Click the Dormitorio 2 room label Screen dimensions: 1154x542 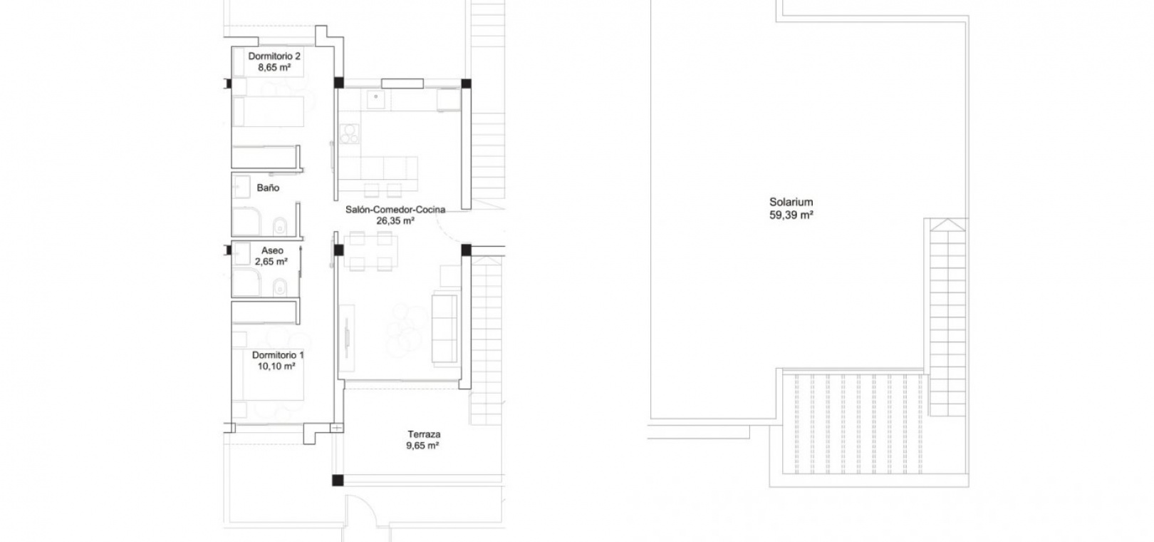[x=274, y=56]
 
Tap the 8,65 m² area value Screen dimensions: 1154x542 [x=274, y=67]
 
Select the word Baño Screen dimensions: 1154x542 [x=268, y=188]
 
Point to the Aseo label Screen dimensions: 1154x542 [x=272, y=250]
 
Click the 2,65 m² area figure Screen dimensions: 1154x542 [x=271, y=262]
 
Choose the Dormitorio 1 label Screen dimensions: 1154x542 [x=278, y=355]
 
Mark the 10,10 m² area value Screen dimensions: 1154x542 [x=276, y=366]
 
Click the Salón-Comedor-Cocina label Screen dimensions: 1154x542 [x=395, y=210]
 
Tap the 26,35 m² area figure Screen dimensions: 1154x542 [x=395, y=220]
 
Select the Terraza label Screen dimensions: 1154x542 [x=424, y=434]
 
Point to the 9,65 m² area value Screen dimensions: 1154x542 [x=422, y=446]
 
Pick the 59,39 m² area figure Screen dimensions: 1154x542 [x=791, y=215]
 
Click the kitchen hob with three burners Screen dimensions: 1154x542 [x=350, y=133]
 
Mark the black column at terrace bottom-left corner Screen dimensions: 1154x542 [x=338, y=480]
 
